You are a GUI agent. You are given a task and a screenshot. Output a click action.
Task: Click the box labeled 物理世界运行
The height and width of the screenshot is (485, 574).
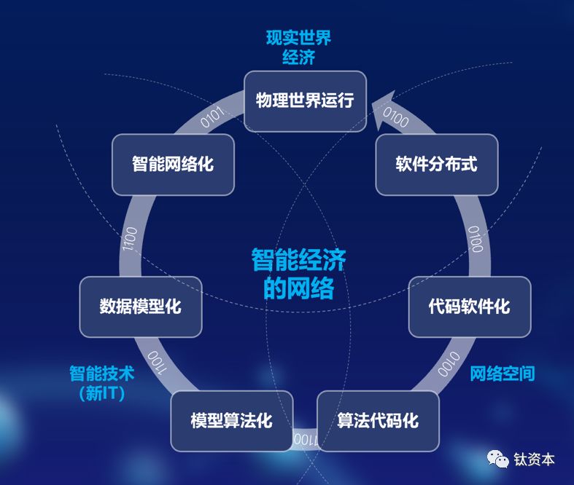point(305,100)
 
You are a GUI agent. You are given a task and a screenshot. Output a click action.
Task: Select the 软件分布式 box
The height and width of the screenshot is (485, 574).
point(436,164)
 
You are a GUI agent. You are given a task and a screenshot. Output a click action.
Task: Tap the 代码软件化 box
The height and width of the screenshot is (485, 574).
point(469,306)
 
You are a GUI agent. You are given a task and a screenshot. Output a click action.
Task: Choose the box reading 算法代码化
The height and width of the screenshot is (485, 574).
point(378,421)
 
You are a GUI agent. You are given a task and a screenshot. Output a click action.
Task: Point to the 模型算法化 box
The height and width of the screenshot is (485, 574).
point(231,421)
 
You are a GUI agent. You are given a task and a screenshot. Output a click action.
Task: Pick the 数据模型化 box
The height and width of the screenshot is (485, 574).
point(140,306)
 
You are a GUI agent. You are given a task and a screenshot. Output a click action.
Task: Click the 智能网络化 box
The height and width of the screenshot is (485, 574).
point(173,164)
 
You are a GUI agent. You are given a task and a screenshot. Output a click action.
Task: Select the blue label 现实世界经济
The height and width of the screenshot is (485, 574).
point(298,47)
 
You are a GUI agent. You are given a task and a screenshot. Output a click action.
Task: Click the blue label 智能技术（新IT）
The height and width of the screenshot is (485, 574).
point(102,384)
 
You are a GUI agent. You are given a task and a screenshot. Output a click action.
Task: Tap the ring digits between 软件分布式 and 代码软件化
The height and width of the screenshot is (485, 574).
point(476,238)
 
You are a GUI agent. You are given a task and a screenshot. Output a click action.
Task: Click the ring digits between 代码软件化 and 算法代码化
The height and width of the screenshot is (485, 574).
point(447,363)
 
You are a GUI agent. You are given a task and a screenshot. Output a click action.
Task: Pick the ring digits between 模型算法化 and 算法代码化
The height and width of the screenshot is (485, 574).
point(304,439)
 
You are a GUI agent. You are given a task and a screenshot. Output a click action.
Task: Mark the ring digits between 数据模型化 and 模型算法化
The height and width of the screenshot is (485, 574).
point(157,362)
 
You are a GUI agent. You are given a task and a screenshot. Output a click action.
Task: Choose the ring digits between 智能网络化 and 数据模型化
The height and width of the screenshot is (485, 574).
point(130,238)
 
